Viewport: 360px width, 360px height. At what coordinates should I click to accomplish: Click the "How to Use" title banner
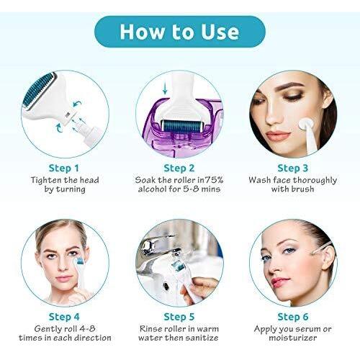[179, 32]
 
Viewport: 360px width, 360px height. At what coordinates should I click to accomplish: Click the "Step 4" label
[65, 316]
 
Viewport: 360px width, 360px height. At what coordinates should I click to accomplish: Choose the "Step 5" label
[179, 316]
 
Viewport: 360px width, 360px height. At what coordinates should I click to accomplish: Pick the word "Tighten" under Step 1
[45, 180]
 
